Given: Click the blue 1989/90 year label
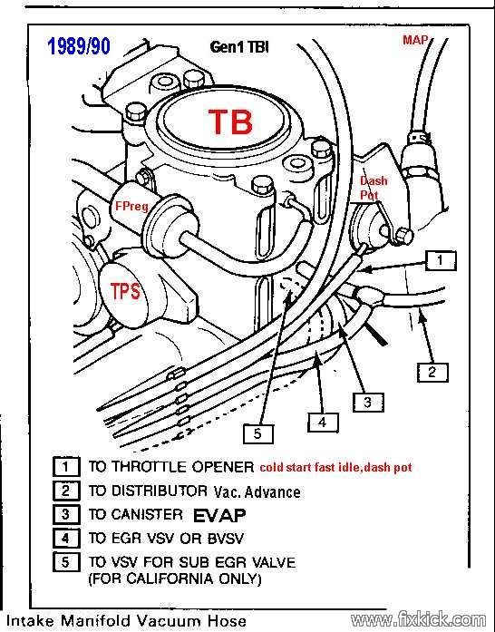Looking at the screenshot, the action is click(79, 47).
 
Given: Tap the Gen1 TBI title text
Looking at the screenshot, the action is click(239, 47).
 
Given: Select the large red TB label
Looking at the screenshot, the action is click(230, 122).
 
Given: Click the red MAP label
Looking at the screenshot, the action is click(415, 40).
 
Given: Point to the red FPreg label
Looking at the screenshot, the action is click(131, 207).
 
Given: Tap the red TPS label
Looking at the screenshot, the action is click(125, 290).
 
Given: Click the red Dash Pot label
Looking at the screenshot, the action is click(374, 188).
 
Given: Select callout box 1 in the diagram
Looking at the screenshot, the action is click(441, 260).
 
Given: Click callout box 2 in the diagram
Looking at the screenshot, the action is click(432, 372).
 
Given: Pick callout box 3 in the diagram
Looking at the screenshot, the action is click(367, 402).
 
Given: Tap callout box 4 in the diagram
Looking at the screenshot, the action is click(323, 422).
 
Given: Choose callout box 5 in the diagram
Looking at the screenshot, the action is click(258, 433).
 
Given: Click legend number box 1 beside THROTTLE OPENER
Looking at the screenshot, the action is click(65, 467).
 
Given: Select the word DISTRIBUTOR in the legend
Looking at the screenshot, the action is click(160, 491).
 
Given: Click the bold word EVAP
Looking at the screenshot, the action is click(219, 515).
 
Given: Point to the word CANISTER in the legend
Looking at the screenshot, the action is click(147, 515).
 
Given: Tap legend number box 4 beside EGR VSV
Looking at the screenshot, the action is click(65, 539).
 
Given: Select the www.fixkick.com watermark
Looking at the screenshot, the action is click(418, 619).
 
